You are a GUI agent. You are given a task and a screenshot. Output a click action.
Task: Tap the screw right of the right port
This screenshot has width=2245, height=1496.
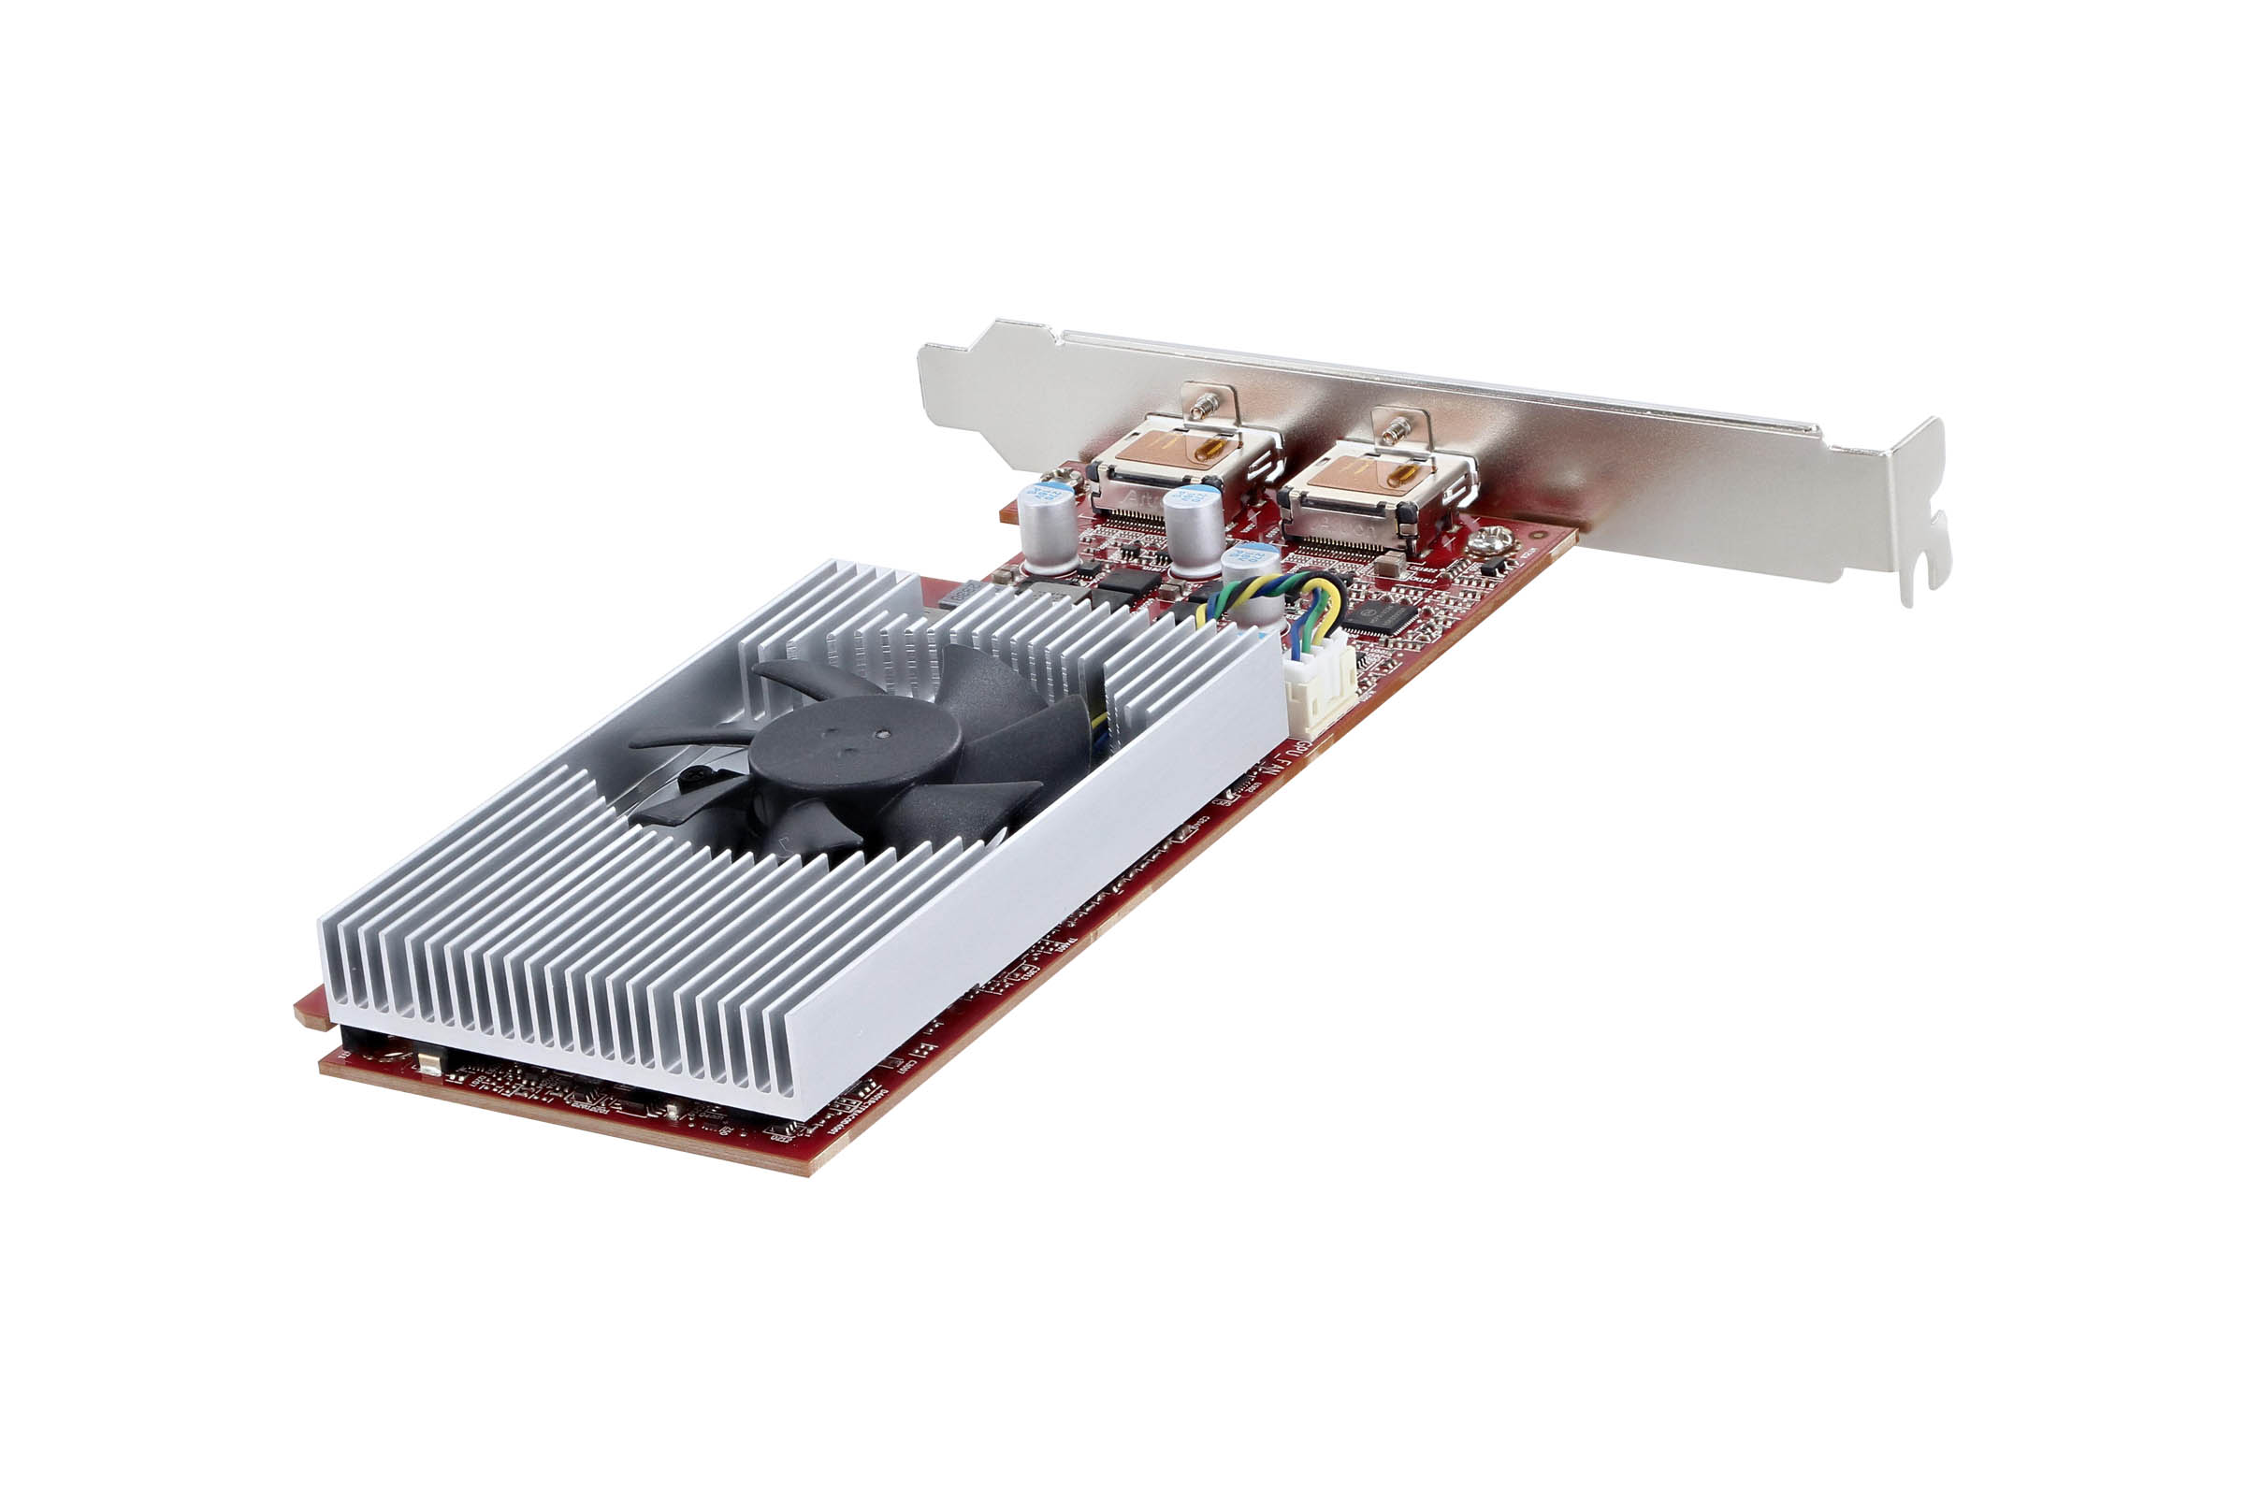[1490, 542]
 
